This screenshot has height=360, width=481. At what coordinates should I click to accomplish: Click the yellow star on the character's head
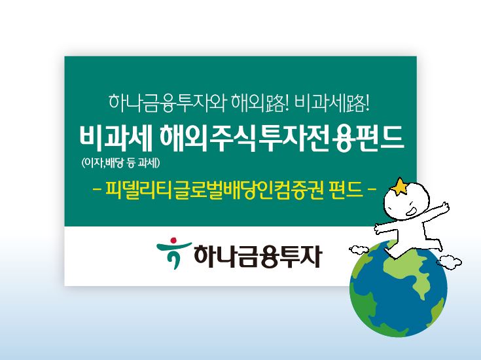[x=397, y=188]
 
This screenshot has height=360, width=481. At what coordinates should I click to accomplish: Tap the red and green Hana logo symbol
[x=171, y=254]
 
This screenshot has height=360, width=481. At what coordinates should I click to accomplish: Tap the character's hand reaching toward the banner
[x=378, y=228]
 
